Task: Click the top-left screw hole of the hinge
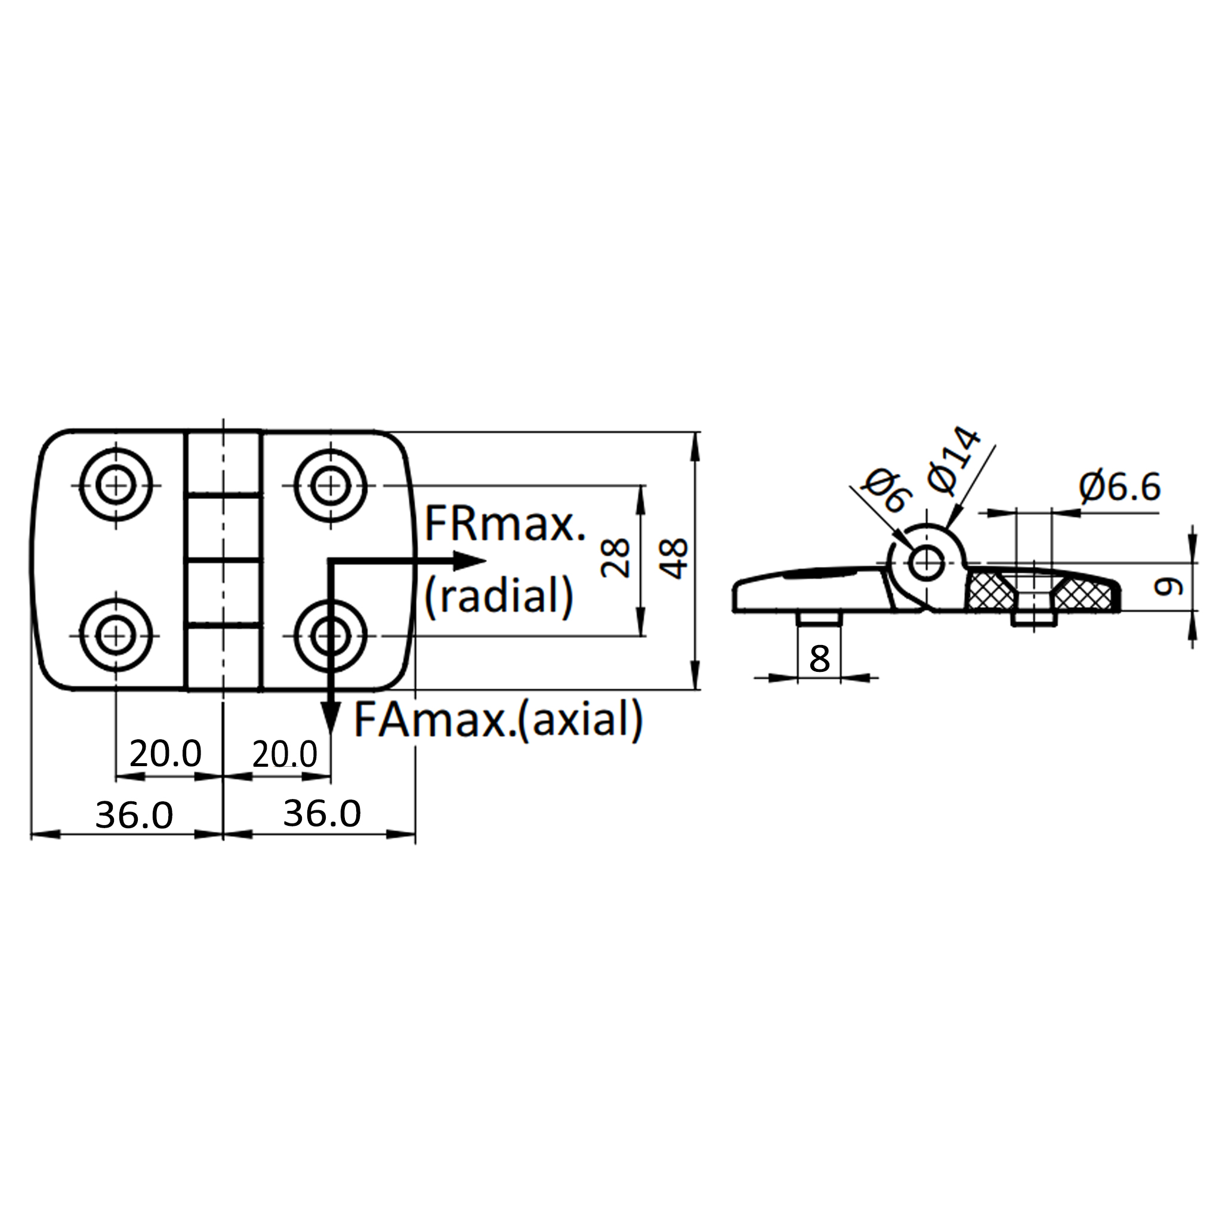(x=116, y=485)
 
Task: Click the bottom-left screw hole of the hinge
(x=116, y=635)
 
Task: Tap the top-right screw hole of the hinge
(x=330, y=485)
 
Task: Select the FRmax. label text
(x=505, y=524)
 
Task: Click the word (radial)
(x=499, y=596)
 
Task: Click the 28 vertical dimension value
(x=615, y=557)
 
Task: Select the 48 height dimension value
(x=673, y=558)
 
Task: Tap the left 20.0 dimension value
(x=165, y=754)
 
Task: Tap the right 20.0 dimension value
(x=285, y=754)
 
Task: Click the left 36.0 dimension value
(x=134, y=814)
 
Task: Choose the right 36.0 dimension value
(x=322, y=813)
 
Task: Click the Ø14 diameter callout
(x=953, y=460)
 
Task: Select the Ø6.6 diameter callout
(x=1119, y=487)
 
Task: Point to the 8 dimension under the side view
(x=819, y=659)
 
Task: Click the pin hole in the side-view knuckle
(x=927, y=561)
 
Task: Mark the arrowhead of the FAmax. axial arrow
(x=330, y=718)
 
